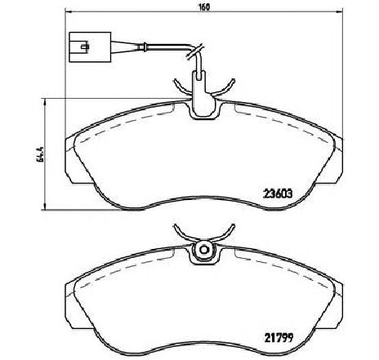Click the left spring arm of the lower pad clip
pos(181,236)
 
